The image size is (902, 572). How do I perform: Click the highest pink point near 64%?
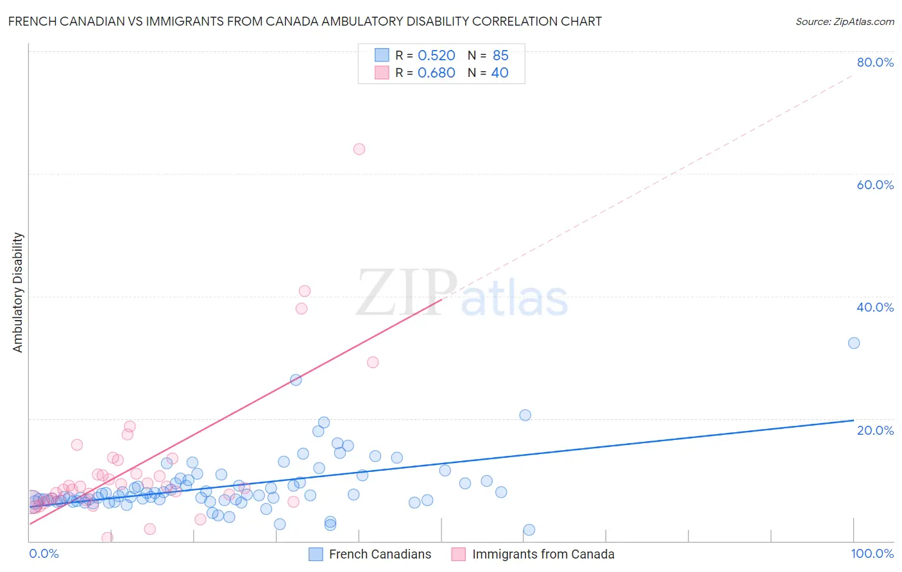click(x=359, y=149)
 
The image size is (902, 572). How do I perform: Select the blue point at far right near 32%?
click(x=854, y=343)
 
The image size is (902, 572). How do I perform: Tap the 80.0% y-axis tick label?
click(x=875, y=62)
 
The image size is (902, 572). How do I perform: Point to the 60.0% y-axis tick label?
click(x=875, y=185)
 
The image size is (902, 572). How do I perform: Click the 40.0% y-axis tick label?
click(x=875, y=307)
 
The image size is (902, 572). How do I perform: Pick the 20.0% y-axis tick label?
click(x=875, y=430)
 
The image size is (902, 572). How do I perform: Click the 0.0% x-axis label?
click(x=44, y=553)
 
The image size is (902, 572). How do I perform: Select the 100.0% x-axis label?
click(x=872, y=553)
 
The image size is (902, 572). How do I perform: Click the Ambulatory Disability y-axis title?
click(x=18, y=292)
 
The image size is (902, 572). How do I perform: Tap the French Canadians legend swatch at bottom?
click(x=316, y=554)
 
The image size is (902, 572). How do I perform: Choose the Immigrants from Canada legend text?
click(x=543, y=554)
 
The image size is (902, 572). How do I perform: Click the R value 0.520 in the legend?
click(x=436, y=55)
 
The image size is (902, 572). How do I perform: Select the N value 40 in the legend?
click(x=500, y=72)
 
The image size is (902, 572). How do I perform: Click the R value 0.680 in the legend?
click(x=436, y=72)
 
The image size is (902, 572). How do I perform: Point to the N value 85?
click(x=500, y=55)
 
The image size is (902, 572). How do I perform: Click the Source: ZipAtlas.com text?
click(x=844, y=21)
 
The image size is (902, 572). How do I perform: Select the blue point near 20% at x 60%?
click(x=525, y=415)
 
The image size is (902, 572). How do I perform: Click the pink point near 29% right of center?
click(x=373, y=362)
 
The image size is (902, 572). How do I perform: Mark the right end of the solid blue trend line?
click(x=854, y=420)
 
